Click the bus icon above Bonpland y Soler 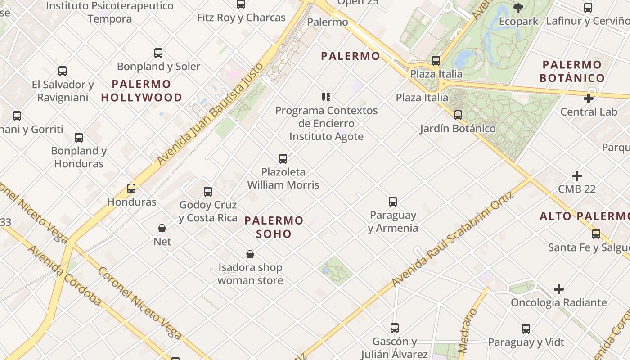pos(158,53)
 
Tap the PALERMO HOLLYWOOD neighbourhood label pos(141,91)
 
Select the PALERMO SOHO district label pos(274,227)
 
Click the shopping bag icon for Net pos(162,228)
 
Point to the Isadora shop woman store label pos(250,274)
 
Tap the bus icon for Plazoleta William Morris pos(283,159)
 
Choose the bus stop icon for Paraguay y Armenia pos(393,202)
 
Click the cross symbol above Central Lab pos(589,99)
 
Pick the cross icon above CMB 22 pos(577,176)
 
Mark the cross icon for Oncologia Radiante pos(559,289)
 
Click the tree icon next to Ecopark pos(518,8)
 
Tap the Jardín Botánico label pos(458,129)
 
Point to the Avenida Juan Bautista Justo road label pos(210,114)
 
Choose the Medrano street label pos(468,331)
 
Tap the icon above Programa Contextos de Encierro pos(326,97)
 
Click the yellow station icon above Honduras pos(131,189)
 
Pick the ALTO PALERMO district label pos(584,216)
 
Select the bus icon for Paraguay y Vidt pos(526,329)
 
